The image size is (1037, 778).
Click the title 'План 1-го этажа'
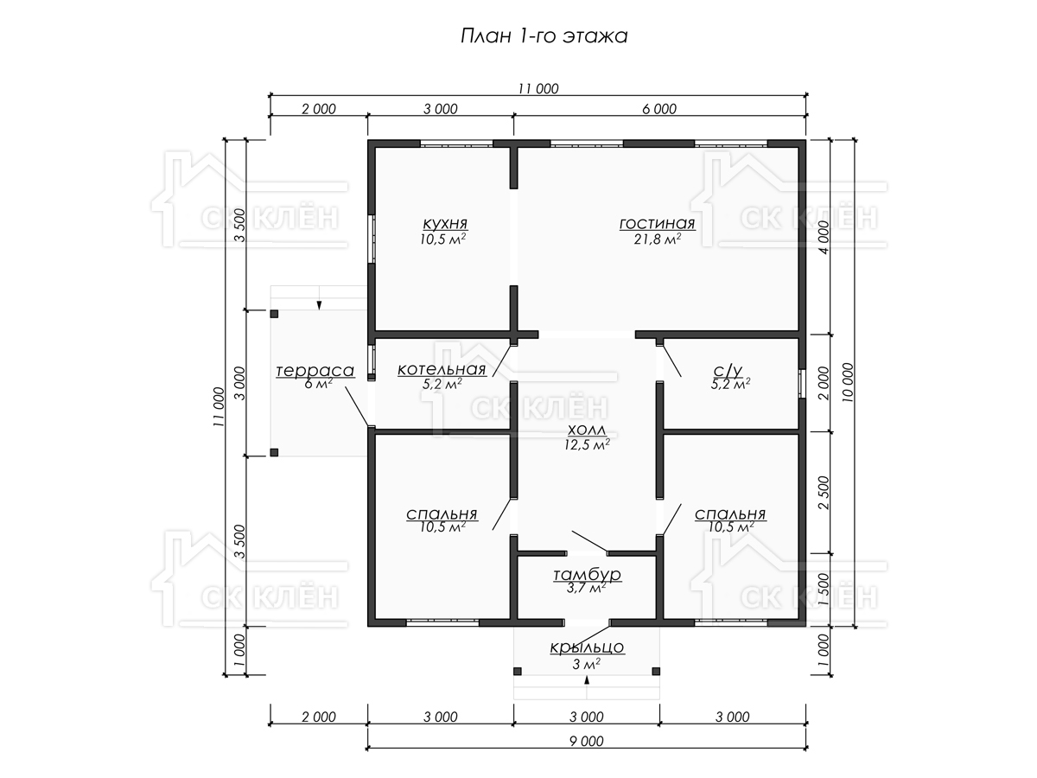pyautogui.click(x=544, y=36)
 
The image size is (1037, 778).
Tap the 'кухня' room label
pyautogui.click(x=444, y=223)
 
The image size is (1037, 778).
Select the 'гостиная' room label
pyautogui.click(x=657, y=223)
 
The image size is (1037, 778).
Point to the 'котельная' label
pyautogui.click(x=442, y=369)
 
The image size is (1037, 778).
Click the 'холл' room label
pyautogui.click(x=586, y=430)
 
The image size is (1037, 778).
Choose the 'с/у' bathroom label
pyautogui.click(x=728, y=370)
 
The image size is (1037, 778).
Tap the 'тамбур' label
pyautogui.click(x=587, y=574)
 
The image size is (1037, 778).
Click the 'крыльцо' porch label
pyautogui.click(x=587, y=647)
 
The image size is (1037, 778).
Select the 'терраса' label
pyautogui.click(x=315, y=371)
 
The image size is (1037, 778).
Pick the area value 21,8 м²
pyautogui.click(x=657, y=239)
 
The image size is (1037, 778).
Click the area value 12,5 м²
pyautogui.click(x=587, y=444)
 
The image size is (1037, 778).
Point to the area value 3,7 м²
pyautogui.click(x=587, y=588)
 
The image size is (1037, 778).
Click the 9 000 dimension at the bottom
pyautogui.click(x=586, y=741)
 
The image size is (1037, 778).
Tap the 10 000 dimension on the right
pyautogui.click(x=848, y=383)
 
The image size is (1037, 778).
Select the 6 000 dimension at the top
pyautogui.click(x=659, y=109)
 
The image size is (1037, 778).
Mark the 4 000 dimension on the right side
pyautogui.click(x=824, y=238)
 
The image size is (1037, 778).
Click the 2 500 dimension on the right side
pyautogui.click(x=824, y=493)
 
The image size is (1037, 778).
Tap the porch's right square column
pyautogui.click(x=656, y=672)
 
